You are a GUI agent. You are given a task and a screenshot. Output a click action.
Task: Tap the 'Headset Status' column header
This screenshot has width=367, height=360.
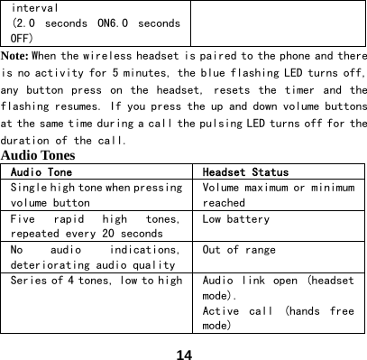[245, 171]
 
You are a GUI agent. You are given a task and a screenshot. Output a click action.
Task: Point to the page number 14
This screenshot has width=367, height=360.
[184, 349]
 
